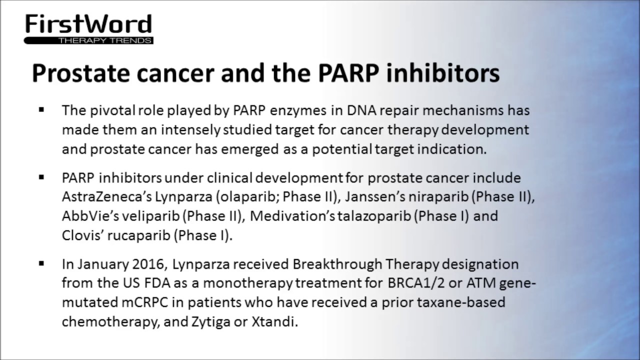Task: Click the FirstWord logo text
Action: click(x=88, y=24)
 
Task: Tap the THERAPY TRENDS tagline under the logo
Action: click(x=105, y=40)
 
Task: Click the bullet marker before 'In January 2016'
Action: click(x=41, y=263)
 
